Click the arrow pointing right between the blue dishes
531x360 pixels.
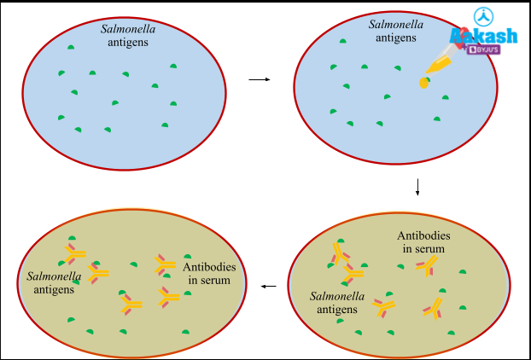point(259,80)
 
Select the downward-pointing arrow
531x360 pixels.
point(417,187)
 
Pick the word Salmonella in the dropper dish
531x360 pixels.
point(395,24)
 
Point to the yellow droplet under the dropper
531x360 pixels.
point(423,83)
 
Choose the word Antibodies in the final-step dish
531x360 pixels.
point(210,267)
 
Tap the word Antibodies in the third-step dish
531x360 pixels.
point(423,235)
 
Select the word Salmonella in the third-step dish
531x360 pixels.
point(337,295)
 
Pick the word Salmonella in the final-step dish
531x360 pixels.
point(55,276)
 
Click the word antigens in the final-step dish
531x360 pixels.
point(53,289)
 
